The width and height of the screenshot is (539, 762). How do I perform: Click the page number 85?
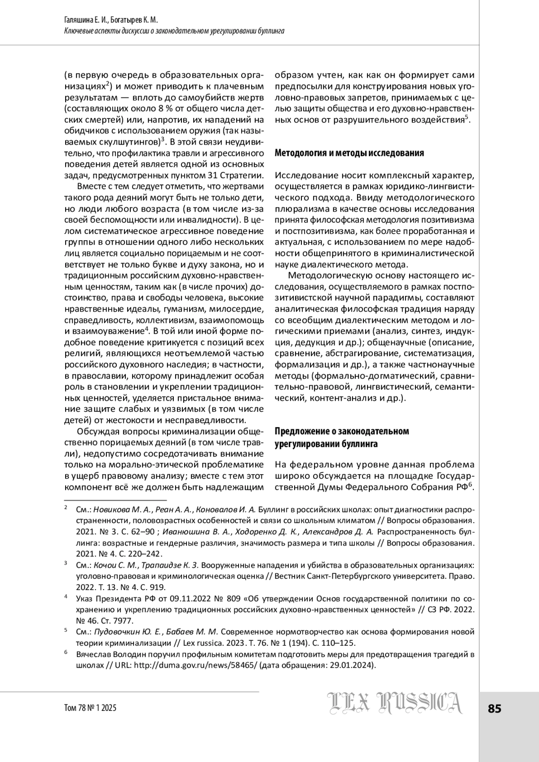[494, 709]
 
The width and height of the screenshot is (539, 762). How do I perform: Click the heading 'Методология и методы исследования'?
[349, 153]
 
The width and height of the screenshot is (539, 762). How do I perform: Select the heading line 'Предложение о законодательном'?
[342, 432]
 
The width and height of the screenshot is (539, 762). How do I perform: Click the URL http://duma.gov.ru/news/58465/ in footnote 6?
[195, 665]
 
